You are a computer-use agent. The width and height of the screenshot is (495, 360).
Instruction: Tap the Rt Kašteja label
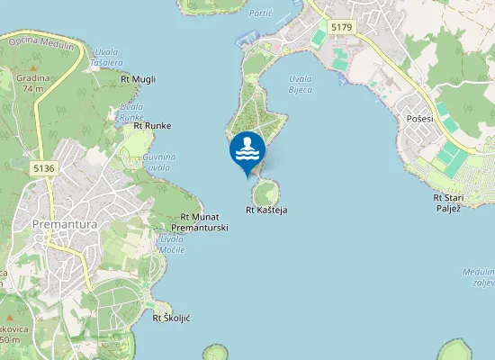pos(266,210)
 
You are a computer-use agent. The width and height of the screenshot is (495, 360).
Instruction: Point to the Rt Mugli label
pos(138,79)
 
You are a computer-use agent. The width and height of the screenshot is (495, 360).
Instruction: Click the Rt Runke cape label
pos(152,125)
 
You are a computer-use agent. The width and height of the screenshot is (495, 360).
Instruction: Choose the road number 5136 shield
pos(42,167)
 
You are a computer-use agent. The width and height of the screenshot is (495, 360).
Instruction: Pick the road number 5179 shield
pos(341,28)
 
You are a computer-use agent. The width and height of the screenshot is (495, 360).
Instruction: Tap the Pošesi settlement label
pos(419,119)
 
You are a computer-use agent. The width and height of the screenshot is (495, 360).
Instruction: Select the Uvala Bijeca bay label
pos(301,84)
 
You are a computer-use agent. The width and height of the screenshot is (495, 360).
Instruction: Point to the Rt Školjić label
pos(171,318)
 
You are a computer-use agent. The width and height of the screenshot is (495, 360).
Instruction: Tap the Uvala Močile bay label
pos(172,244)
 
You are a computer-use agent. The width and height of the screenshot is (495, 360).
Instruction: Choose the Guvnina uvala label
pos(157,162)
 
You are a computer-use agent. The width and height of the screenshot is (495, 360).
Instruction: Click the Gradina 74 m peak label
pos(33,83)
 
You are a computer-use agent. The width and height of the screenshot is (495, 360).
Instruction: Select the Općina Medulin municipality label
pos(40,40)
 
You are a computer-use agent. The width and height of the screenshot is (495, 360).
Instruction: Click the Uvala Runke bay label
pos(131,112)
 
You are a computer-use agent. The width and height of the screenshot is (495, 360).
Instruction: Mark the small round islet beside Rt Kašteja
pos(265,193)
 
